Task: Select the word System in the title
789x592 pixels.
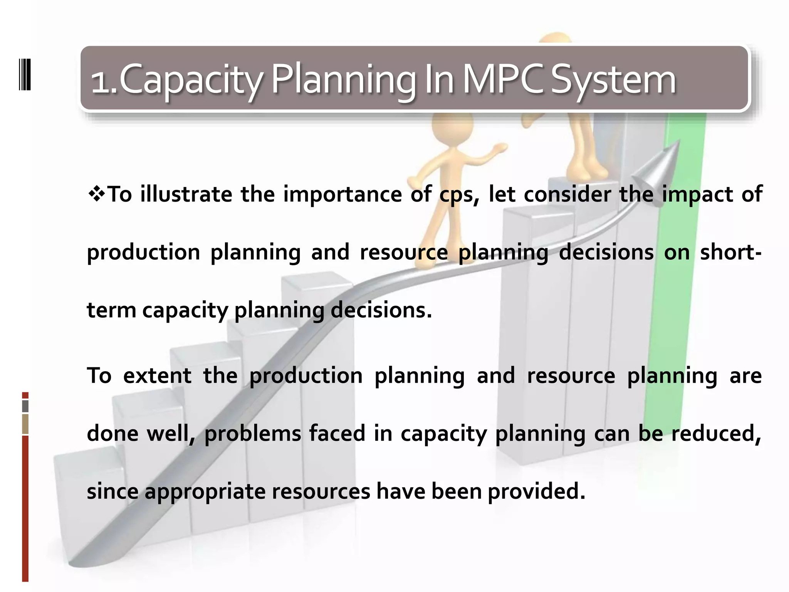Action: pyautogui.click(x=613, y=80)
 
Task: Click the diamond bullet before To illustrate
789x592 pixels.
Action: pyautogui.click(x=96, y=194)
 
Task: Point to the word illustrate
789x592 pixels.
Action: pyautogui.click(x=186, y=194)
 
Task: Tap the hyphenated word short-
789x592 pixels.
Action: pyautogui.click(x=730, y=252)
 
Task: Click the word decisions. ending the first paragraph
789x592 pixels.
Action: pyautogui.click(x=381, y=310)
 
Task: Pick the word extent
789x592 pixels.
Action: pyautogui.click(x=157, y=376)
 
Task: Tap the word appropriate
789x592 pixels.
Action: pyautogui.click(x=205, y=492)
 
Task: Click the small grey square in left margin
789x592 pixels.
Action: pyautogui.click(x=25, y=406)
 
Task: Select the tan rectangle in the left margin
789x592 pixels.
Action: pyautogui.click(x=25, y=424)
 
